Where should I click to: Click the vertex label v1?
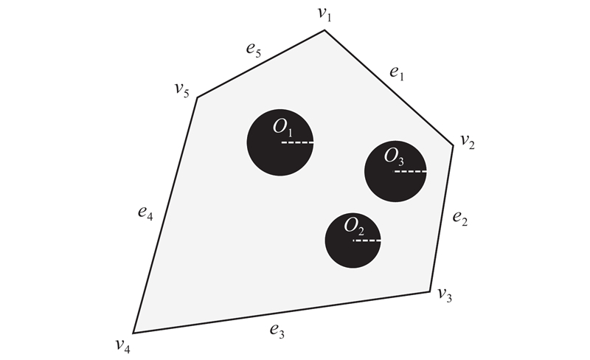324,14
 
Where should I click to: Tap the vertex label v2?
468,142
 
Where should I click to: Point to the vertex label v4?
123,345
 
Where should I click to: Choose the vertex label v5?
181,89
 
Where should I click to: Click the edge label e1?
397,73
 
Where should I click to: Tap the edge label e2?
459,218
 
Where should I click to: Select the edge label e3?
277,331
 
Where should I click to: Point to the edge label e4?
145,212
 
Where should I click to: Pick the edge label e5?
254,49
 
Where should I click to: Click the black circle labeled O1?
280,142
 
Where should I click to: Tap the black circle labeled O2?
353,240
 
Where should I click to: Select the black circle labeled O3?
395,171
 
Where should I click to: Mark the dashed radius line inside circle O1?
297,142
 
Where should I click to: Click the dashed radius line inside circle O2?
367,240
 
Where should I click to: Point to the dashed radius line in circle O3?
410,171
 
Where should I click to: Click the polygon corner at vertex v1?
324,30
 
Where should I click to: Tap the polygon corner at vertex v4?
133,333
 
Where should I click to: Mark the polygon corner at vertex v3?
430,291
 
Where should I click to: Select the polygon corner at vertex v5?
198,97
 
